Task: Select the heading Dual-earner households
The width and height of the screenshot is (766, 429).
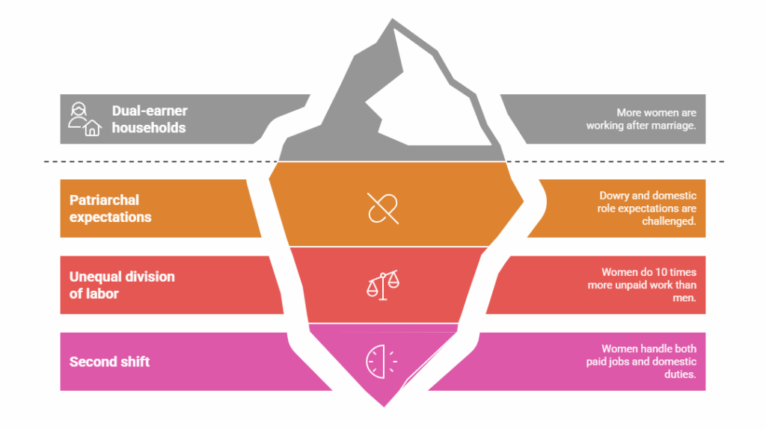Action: [x=150, y=120]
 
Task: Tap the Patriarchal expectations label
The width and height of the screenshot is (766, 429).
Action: [x=110, y=209]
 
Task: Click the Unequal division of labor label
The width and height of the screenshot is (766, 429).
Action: [x=122, y=285]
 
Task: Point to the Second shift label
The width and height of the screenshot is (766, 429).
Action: [x=109, y=362]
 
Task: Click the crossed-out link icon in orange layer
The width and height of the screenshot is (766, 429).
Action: [x=383, y=208]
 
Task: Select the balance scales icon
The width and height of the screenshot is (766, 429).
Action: [x=383, y=285]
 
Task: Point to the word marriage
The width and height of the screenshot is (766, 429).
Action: [x=672, y=126]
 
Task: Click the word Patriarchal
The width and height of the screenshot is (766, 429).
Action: [x=105, y=200]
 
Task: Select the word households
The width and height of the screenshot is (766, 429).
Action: [x=149, y=128]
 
